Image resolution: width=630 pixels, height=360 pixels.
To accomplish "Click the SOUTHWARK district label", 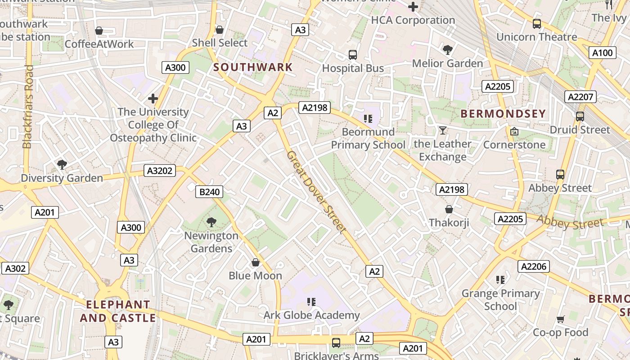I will point(253,67).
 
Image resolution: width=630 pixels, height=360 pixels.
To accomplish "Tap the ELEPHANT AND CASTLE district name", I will point(118,311).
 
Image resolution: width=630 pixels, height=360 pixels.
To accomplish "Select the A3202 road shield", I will point(160,171).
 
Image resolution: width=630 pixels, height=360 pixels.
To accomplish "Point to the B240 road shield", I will point(209,192).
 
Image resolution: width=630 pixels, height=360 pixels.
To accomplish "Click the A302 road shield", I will point(15,269).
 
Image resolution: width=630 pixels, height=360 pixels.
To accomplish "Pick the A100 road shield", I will point(602,53).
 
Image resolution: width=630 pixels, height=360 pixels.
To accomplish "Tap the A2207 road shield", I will point(580,97).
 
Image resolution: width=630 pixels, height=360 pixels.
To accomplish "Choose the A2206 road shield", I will point(534,266).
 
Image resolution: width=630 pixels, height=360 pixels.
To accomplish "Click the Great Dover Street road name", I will point(317,192).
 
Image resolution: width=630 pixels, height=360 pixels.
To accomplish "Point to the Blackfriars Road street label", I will point(28,107).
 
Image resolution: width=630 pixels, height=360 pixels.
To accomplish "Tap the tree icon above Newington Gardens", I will point(211,222).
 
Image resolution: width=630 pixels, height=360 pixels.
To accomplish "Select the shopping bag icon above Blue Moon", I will point(256,262).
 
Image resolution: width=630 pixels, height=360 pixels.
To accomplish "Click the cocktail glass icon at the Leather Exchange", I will point(443,130).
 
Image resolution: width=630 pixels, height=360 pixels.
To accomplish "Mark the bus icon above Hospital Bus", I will point(353,55).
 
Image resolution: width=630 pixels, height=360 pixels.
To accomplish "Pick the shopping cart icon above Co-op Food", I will point(561,319).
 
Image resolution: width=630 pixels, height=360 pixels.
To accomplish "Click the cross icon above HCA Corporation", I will point(413,7).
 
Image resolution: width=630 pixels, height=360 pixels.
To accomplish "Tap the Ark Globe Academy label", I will point(311,315).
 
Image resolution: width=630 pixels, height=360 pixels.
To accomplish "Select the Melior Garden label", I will point(447,63).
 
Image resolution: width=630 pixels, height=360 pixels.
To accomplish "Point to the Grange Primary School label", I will point(500,300).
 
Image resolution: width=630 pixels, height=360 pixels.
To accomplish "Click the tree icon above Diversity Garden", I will point(62,165).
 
